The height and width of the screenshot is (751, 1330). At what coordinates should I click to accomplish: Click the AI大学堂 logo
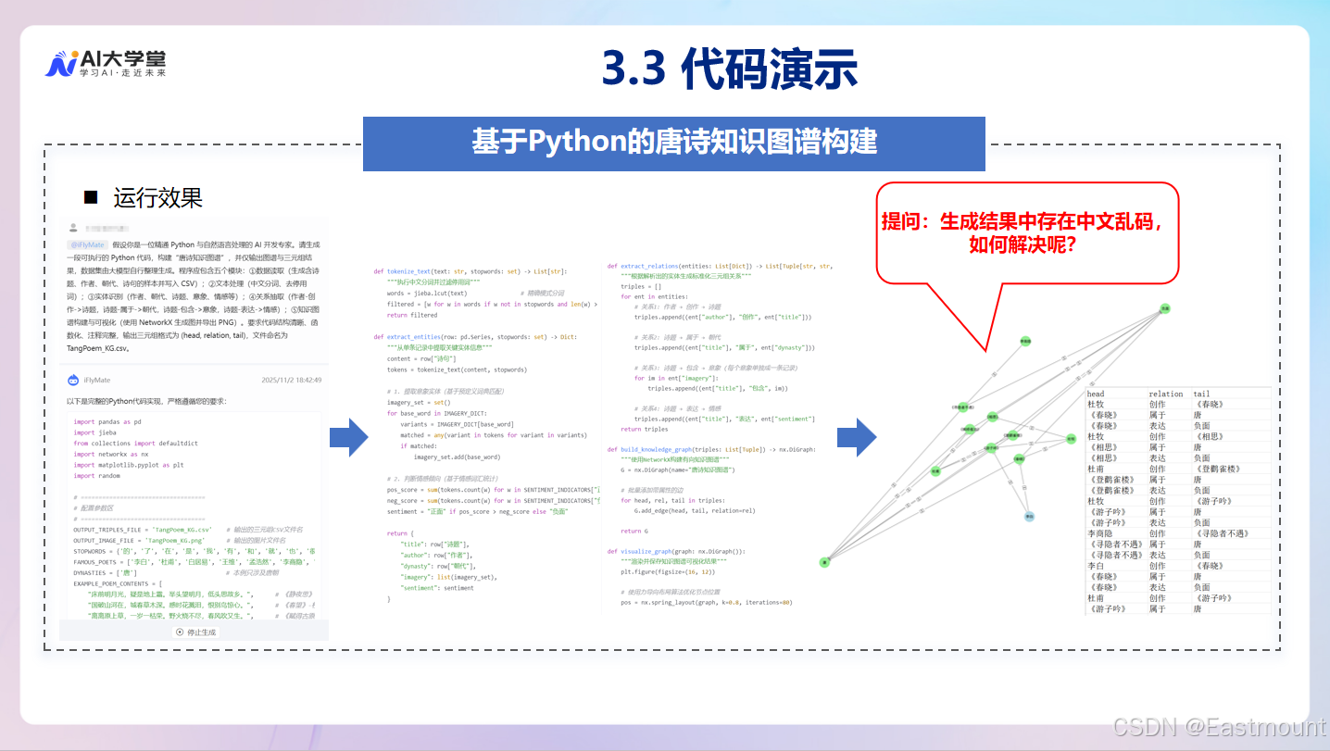coord(105,63)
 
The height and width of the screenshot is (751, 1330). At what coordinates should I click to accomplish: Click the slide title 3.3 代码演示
coord(729,69)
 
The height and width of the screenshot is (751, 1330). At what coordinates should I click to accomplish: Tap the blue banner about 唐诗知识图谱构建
coord(673,143)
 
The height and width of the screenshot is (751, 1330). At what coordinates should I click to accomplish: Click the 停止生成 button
coord(194,632)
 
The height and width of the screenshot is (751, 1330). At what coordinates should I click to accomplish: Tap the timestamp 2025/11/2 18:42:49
coord(291,380)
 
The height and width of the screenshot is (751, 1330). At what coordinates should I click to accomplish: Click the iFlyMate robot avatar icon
coord(73,380)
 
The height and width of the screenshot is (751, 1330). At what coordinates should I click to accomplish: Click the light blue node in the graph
coord(1029,516)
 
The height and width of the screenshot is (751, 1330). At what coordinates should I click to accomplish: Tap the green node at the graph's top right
coord(1165,307)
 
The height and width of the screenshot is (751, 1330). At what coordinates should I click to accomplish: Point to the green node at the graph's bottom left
coord(824,562)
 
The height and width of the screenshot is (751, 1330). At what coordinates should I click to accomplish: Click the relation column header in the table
coord(1165,394)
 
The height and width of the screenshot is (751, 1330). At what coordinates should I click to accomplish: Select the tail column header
coord(1201,394)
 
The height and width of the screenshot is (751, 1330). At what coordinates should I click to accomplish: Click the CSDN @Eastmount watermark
coord(1218,728)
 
